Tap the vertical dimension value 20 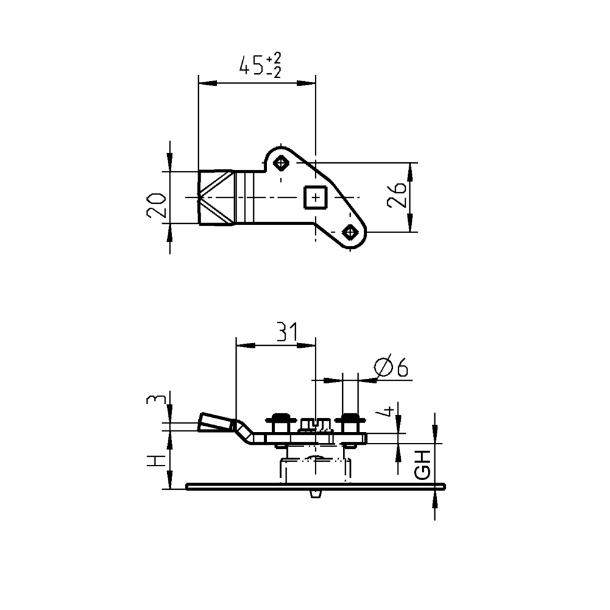(156, 205)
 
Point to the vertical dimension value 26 (397, 195)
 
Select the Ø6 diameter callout (391, 367)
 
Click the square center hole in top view (315, 198)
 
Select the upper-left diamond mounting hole (281, 163)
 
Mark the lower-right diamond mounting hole (350, 232)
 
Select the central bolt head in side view (315, 423)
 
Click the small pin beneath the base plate (315, 493)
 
